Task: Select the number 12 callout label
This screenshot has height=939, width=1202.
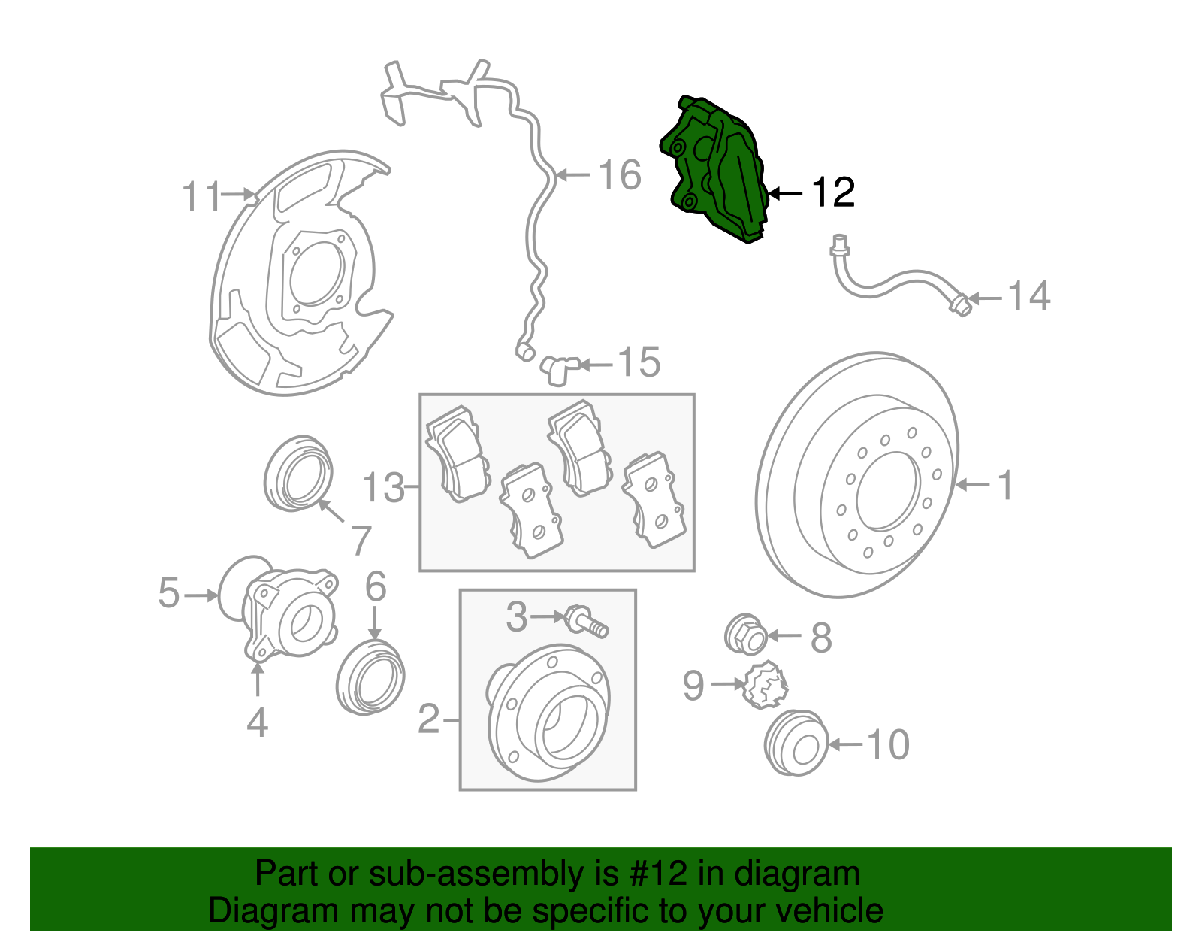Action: click(x=833, y=193)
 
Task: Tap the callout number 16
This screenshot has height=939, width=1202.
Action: click(x=620, y=175)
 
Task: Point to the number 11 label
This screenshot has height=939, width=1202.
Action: click(x=201, y=197)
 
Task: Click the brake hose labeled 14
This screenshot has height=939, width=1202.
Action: click(x=894, y=284)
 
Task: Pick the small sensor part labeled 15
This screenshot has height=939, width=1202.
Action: click(x=558, y=368)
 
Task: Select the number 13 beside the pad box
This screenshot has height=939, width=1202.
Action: click(x=382, y=488)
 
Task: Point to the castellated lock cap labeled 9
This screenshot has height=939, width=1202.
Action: click(x=765, y=684)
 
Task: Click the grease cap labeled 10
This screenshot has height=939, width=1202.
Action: click(x=795, y=743)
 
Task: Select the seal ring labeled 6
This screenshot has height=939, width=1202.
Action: click(x=370, y=677)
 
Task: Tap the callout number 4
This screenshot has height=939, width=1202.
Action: click(x=257, y=722)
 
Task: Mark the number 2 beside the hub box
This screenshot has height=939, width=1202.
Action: click(x=428, y=719)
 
